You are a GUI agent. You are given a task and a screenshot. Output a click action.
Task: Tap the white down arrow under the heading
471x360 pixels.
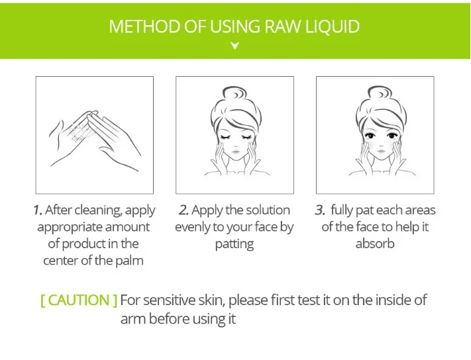click(235, 46)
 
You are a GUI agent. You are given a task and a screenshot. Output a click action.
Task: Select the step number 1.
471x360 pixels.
click(38, 210)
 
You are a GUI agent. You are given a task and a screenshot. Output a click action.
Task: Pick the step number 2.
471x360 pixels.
click(183, 210)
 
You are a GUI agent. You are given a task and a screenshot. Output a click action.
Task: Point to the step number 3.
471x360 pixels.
click(320, 210)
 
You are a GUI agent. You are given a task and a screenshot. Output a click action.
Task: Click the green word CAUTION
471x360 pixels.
click(79, 300)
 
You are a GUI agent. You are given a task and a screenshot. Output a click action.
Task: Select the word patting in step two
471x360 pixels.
click(235, 244)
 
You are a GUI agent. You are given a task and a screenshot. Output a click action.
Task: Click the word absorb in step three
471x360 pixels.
click(375, 244)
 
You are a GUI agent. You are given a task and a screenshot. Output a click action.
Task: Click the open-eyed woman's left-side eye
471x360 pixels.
click(370, 136)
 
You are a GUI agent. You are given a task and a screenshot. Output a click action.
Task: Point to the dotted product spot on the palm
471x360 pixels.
click(79, 131)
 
